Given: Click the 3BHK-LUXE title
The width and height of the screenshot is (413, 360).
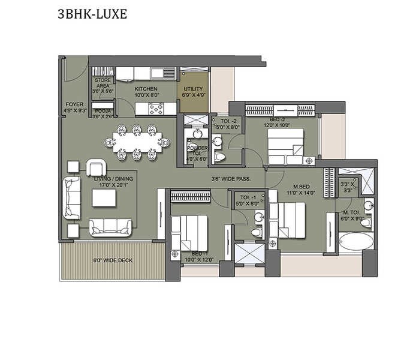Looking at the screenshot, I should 92,14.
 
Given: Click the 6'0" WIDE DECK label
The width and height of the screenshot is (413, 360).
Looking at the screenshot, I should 113,260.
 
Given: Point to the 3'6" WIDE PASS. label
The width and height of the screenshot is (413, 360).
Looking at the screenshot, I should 230,179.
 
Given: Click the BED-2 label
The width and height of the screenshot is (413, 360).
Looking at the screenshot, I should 279,122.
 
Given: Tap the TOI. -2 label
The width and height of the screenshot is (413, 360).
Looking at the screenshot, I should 230,124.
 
